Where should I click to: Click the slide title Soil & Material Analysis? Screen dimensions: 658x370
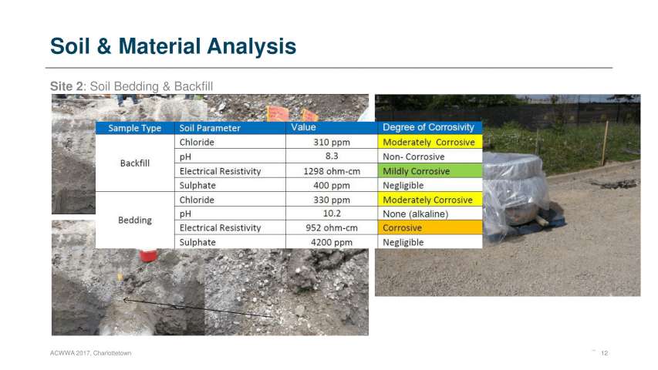coord(173,46)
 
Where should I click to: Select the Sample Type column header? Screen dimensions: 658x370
coord(135,128)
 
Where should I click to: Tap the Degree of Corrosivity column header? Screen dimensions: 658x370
coord(430,127)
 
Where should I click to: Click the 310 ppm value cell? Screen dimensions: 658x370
coord(332,142)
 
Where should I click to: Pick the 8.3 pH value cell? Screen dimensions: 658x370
coord(332,156)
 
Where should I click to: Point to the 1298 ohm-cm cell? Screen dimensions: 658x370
coord(332,171)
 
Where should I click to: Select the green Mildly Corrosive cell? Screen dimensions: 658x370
coord(430,171)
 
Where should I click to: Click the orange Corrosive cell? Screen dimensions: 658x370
coord(430,228)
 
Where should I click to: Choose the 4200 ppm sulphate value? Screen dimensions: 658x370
coord(332,242)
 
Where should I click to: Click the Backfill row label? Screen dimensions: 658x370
coord(135,163)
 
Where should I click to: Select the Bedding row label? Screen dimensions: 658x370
coord(135,220)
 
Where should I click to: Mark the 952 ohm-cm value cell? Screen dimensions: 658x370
coord(332,228)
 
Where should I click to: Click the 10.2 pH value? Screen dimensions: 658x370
coord(332,214)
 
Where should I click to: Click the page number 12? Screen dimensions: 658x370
coord(604,353)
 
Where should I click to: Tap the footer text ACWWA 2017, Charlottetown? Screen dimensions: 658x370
coord(91,353)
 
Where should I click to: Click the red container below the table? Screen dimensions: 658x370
coord(148,255)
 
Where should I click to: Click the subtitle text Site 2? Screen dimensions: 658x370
coord(66,86)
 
